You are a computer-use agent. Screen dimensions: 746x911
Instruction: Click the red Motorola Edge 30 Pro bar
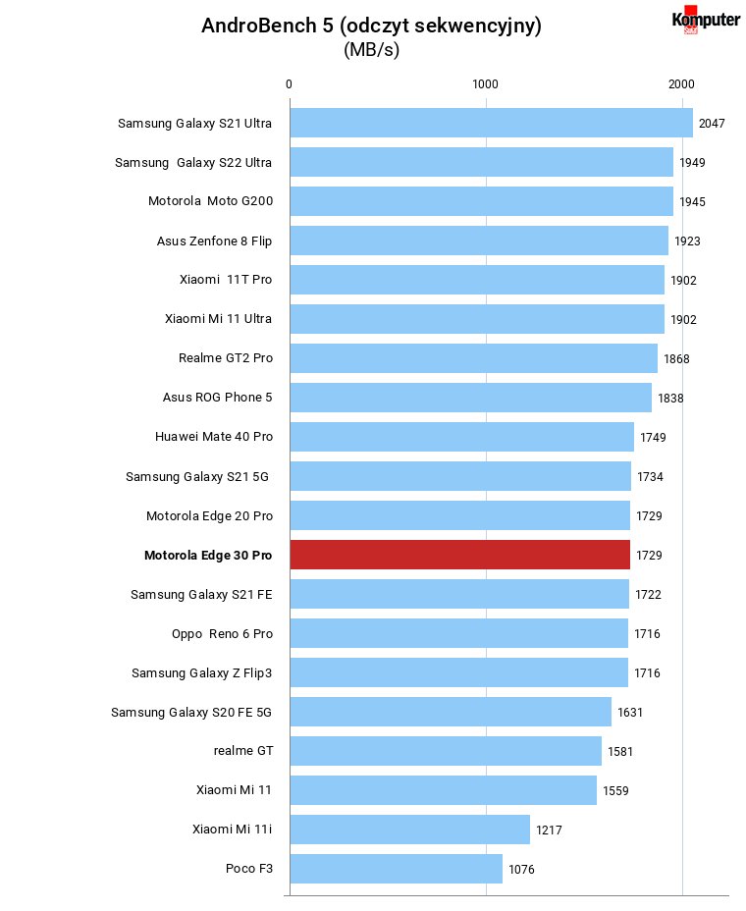pos(460,555)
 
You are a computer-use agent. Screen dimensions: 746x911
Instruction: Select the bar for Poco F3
pos(397,869)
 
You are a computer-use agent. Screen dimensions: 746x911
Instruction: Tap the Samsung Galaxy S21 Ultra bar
pos(492,123)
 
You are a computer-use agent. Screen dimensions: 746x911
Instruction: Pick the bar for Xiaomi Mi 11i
pos(410,830)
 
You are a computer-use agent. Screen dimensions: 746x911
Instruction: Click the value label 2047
pos(712,123)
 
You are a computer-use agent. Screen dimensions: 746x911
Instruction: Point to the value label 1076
pos(521,869)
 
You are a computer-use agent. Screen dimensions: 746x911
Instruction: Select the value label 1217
pos(549,831)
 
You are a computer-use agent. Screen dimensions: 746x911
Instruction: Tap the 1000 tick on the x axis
pos(485,84)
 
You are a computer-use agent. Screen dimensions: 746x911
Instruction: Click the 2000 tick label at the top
pos(681,84)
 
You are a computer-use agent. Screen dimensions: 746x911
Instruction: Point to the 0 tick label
pos(289,84)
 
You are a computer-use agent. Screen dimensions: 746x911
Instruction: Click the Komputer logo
pos(706,21)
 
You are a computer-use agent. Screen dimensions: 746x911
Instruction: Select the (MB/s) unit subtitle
pos(371,50)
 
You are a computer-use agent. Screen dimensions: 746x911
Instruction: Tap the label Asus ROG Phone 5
pos(217,398)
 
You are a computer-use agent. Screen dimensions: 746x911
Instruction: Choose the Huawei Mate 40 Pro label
pos(214,436)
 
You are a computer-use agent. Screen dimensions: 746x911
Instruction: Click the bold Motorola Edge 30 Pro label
pos(208,556)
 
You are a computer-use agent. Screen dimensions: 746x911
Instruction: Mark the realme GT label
pos(243,751)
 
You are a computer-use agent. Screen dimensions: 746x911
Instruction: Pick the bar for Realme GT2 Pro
pos(474,358)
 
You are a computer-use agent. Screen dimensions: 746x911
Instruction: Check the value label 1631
pos(630,713)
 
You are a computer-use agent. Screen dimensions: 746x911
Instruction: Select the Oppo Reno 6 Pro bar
pos(459,633)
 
